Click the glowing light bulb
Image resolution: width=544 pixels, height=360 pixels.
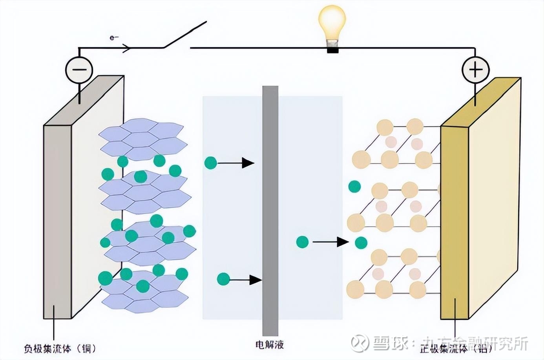pos(332,24)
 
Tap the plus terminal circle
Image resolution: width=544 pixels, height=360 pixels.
pos(475,70)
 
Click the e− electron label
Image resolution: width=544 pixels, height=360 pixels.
pos(114,38)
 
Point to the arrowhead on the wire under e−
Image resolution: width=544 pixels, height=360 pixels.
pos(126,48)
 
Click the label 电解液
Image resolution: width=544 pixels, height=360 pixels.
pos(270,345)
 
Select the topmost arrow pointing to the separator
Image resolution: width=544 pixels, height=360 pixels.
pos(236,163)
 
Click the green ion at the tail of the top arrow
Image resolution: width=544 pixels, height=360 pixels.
pos(211,162)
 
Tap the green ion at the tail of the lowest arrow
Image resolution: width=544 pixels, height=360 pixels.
pos(223,279)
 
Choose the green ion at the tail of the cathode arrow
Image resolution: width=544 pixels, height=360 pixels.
pos(302,242)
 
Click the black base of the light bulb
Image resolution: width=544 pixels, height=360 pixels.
pos(333,50)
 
